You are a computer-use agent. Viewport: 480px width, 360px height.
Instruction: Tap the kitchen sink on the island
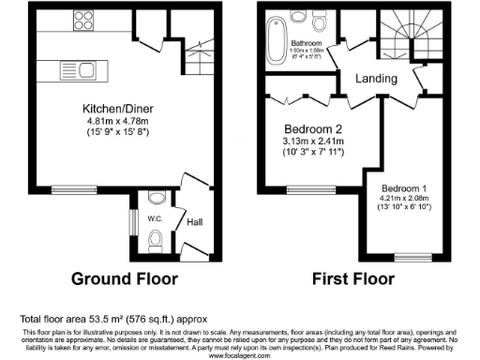[x=70, y=67]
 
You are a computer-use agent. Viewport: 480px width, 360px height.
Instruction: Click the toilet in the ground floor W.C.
[x=157, y=245]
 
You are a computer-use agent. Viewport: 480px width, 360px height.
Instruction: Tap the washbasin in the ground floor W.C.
[x=155, y=199]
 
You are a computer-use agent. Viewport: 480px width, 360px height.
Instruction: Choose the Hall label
[x=194, y=222]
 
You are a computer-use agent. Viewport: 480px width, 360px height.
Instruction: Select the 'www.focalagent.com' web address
[x=239, y=355]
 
